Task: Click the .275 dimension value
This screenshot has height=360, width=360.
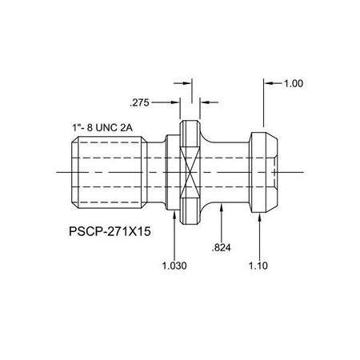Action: (x=141, y=102)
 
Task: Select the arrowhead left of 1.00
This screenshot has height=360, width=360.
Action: (x=267, y=82)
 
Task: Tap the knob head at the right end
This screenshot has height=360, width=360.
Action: (x=265, y=171)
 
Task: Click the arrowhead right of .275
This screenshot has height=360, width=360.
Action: (x=202, y=102)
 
